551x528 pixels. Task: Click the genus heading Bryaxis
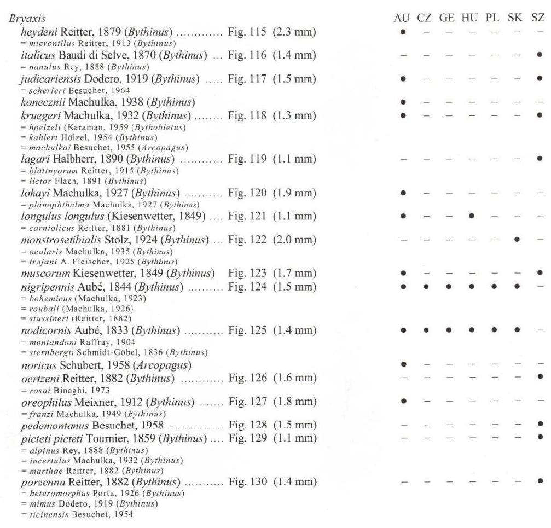point(23,18)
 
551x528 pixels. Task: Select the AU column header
point(402,18)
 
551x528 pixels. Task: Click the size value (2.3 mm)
point(295,33)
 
